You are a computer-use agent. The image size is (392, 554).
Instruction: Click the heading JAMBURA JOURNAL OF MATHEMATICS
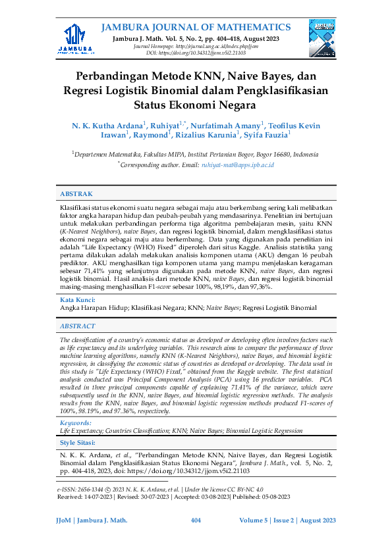(x=196, y=27)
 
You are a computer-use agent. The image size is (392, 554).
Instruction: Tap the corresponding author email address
(x=237, y=164)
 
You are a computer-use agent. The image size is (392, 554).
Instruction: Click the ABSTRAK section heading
(x=76, y=194)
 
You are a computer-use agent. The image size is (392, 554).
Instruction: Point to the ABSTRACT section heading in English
(x=78, y=326)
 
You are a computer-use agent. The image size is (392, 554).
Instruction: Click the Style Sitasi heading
(x=77, y=444)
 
